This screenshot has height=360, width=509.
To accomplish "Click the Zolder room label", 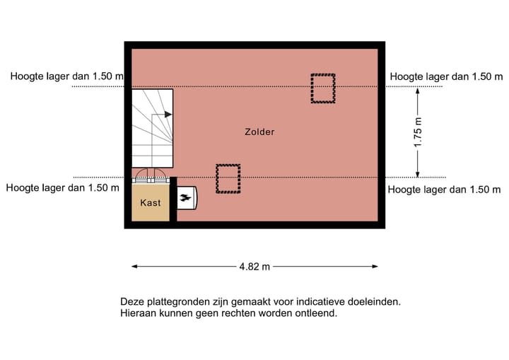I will (x=259, y=132).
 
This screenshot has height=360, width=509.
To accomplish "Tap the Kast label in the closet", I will (x=151, y=203).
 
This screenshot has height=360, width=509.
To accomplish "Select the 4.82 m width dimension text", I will (x=255, y=267).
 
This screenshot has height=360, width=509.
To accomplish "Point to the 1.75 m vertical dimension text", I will (x=418, y=132).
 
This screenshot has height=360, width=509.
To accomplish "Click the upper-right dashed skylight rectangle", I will (x=323, y=88).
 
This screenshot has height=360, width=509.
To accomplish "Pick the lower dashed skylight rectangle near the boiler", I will (x=228, y=179).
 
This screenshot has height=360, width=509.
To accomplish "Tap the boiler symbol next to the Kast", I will (x=186, y=199).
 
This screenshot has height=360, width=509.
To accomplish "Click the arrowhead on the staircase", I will (x=168, y=113).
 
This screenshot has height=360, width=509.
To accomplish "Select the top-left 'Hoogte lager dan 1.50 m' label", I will (x=66, y=76).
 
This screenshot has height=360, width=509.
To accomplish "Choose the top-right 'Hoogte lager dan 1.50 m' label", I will (x=446, y=76).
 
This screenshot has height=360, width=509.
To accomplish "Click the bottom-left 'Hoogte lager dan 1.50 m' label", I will (x=62, y=188).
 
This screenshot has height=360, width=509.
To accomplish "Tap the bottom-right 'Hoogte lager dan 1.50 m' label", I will (x=444, y=189).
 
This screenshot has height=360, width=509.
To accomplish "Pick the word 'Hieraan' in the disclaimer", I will (x=138, y=313).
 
